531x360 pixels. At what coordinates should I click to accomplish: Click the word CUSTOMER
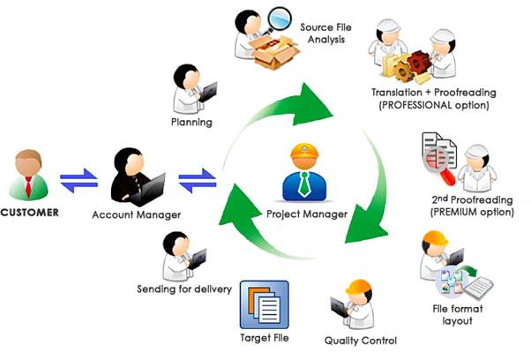[30, 213]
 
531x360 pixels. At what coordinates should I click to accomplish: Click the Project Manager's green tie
[305, 184]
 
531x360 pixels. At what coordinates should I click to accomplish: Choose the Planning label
[191, 122]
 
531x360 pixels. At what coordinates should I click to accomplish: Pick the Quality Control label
[361, 341]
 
